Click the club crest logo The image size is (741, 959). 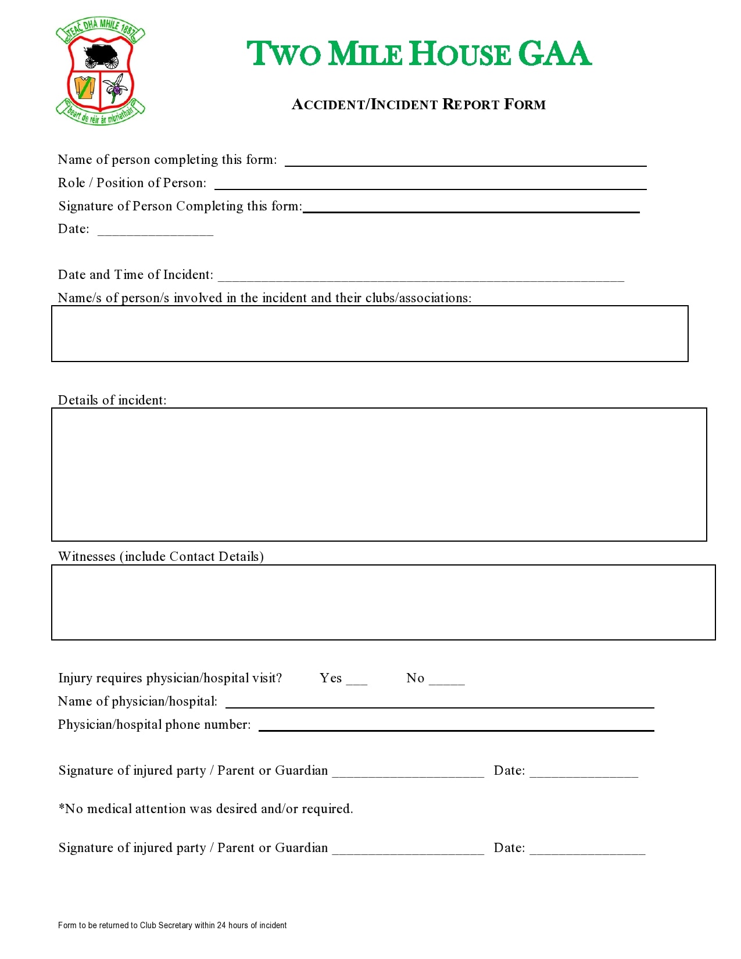coord(101,70)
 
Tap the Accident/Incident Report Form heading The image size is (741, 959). coord(418,105)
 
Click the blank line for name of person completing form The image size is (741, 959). coord(465,162)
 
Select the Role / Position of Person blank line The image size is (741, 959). coord(430,185)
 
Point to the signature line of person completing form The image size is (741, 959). coord(471,209)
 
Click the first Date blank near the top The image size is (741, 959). coord(155,231)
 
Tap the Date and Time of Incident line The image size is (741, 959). coord(420,277)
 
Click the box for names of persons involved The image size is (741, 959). coord(370,334)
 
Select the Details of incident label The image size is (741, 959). coord(112,400)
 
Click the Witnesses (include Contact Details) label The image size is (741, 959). coord(161,556)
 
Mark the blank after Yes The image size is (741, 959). coord(356,681)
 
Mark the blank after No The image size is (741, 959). coord(446,681)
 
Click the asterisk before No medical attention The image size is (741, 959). coord(61,807)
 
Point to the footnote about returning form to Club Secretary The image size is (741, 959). coord(172,925)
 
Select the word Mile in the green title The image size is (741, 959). coord(365,54)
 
